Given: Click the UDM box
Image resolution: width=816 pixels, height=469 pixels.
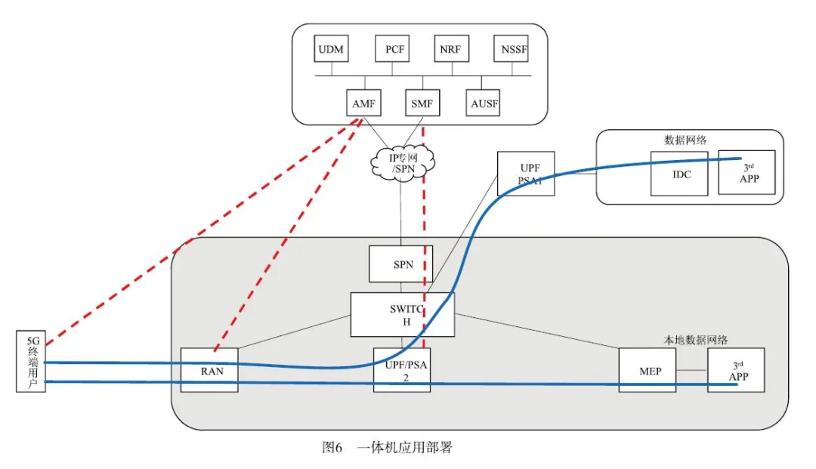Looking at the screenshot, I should click(331, 49).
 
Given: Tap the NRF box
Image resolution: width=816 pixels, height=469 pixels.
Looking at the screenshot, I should click(451, 49).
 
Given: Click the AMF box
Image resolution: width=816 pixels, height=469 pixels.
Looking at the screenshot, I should click(365, 103).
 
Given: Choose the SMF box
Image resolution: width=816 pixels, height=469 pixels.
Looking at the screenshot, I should click(422, 103).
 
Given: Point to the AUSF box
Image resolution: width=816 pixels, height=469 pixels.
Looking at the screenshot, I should click(483, 103).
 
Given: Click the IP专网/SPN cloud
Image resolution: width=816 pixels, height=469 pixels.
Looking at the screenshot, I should click(403, 163).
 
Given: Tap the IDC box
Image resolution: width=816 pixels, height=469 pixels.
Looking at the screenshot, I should click(679, 174).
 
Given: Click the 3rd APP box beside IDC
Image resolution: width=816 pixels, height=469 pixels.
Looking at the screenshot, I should click(746, 173).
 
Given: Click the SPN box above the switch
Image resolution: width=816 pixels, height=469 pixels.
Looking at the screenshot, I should click(400, 264).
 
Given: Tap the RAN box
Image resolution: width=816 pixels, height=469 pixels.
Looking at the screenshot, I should click(209, 370).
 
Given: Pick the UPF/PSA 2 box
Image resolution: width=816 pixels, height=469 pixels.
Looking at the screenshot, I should click(402, 370).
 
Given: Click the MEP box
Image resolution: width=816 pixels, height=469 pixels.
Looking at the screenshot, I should click(647, 370).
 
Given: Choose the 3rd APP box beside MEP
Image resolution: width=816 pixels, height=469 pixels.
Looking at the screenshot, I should click(736, 370).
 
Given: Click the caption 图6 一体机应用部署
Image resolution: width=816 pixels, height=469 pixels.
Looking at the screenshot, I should click(387, 448).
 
